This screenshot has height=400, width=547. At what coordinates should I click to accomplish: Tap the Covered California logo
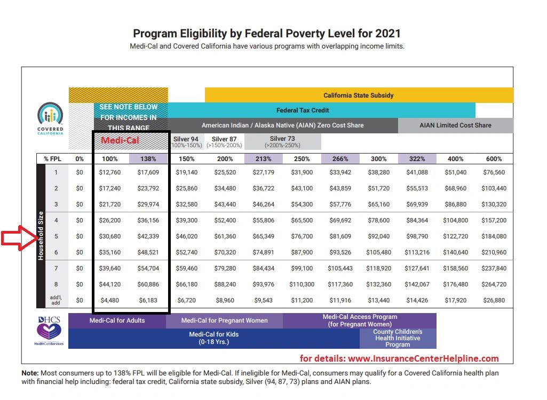click(50, 118)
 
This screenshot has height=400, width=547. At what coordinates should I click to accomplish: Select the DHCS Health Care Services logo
click(49, 331)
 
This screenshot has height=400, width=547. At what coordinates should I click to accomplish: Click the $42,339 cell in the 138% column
click(148, 236)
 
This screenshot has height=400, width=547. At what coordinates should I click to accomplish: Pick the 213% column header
click(263, 159)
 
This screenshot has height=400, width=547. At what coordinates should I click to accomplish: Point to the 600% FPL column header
click(494, 159)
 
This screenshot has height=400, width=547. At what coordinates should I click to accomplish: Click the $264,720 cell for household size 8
click(494, 284)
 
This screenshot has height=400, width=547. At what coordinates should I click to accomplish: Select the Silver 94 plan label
click(186, 142)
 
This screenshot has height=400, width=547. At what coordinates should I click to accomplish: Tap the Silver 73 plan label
click(282, 142)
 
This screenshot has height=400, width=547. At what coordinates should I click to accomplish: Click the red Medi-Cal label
click(120, 140)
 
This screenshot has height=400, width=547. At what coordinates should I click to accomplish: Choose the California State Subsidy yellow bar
click(359, 95)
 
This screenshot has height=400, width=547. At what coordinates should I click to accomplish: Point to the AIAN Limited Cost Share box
click(455, 125)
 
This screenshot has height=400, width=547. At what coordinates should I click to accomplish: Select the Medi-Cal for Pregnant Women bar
click(224, 321)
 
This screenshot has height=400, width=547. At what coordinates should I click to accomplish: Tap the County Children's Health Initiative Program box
click(398, 338)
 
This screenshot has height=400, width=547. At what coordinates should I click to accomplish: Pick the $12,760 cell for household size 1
click(110, 172)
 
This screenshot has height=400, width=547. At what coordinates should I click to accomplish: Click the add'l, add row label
click(56, 300)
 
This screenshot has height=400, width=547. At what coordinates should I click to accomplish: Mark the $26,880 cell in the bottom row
click(494, 300)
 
